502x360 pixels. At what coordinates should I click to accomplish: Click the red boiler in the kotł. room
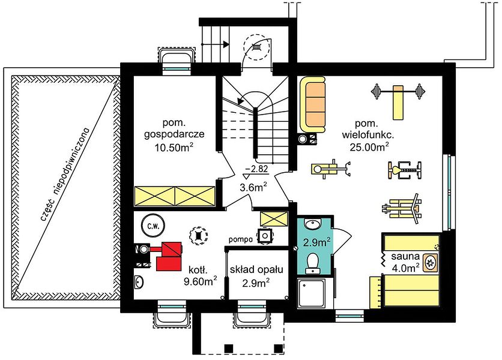click(169, 256)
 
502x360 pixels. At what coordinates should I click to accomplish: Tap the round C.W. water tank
click(153, 226)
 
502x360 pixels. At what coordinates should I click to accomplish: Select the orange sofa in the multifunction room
click(312, 104)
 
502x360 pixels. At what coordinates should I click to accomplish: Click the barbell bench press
click(398, 98)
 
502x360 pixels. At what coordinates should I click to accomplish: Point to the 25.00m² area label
click(369, 147)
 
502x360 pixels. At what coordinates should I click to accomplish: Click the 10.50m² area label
click(174, 147)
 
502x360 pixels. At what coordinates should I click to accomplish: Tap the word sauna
click(405, 256)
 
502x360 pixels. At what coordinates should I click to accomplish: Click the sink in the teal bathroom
click(312, 223)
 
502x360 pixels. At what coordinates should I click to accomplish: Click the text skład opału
click(256, 270)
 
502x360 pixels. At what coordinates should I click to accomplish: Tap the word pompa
click(241, 239)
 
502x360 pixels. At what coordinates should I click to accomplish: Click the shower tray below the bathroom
click(312, 293)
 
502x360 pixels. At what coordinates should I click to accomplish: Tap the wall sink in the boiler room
click(139, 282)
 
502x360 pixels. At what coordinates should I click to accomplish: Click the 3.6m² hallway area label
click(253, 187)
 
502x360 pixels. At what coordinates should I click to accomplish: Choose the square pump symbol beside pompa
click(265, 236)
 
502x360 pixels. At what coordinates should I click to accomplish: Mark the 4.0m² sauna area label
click(406, 268)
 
